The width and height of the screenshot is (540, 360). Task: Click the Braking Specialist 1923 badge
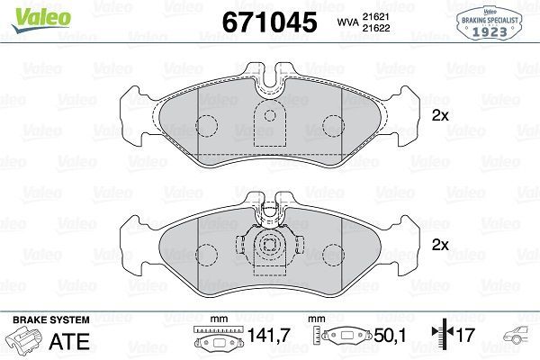(490, 22)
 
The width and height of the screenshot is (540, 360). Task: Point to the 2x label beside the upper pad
(440, 115)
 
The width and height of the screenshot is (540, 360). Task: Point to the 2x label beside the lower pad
(440, 245)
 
